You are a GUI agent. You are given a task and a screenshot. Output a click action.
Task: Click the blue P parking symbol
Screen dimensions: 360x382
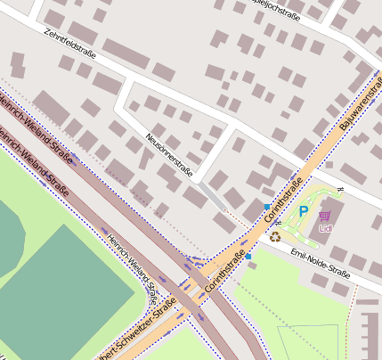click(303, 211)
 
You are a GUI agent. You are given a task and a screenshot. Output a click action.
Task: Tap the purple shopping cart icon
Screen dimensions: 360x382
click(325, 215)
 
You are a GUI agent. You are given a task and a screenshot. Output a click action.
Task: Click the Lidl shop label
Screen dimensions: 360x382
click(325, 228)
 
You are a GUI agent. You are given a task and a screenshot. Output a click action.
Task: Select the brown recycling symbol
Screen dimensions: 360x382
click(276, 237)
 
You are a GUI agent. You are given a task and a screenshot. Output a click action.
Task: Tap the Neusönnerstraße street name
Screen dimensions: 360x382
click(168, 153)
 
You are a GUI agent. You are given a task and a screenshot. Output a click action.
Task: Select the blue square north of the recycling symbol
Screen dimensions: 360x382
click(266, 207)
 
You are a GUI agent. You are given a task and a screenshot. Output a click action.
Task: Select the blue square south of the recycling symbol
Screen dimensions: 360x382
click(248, 257)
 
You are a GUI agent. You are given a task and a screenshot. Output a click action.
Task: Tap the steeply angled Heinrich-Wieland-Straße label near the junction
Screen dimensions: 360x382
click(132, 265)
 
